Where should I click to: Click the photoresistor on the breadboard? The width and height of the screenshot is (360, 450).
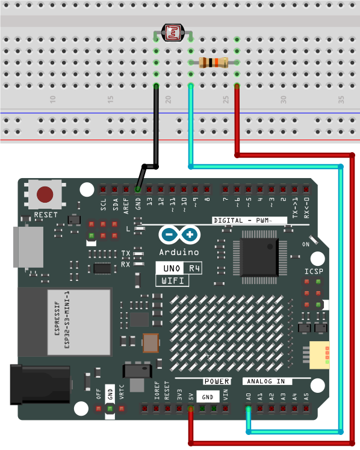173,32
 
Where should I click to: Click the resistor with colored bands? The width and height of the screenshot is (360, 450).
214,63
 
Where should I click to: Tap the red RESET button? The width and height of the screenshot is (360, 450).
45,194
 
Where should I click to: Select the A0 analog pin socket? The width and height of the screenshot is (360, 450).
248,408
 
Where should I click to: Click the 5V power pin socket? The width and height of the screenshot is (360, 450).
191,408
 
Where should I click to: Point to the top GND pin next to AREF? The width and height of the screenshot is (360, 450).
138,190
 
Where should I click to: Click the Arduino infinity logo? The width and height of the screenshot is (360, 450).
179,235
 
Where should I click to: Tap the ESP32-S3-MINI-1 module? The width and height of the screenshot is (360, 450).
64,321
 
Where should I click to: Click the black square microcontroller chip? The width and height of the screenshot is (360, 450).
259,257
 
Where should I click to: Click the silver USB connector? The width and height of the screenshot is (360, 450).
28,247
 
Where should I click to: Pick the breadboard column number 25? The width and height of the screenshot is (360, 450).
226,100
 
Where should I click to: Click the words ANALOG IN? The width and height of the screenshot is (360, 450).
266,381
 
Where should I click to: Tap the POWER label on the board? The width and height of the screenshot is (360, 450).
217,381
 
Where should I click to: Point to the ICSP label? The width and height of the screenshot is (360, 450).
314,271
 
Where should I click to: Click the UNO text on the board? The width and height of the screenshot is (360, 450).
172,268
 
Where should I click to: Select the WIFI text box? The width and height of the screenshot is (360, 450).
172,280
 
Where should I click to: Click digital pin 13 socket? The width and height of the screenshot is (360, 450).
149,190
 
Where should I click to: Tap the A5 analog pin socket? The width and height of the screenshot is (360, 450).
306,408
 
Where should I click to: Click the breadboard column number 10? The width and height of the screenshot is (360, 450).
52,100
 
